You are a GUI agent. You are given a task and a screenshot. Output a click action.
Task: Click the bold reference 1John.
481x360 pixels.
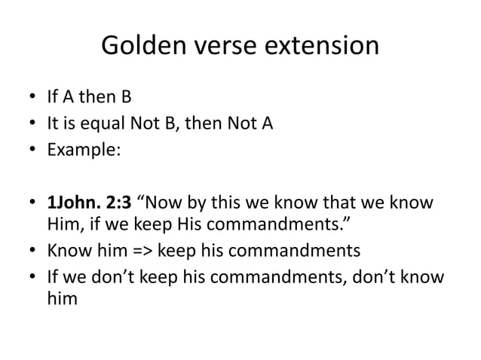click(73, 204)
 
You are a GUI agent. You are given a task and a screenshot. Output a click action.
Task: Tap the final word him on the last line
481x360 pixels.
click(63, 298)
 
